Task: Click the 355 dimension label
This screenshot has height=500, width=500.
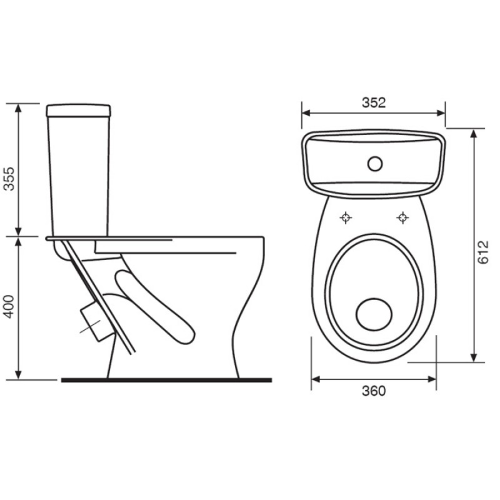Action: pyautogui.click(x=9, y=179)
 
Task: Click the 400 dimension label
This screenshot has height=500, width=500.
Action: pyautogui.click(x=9, y=306)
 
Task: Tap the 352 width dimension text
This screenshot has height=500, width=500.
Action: pyautogui.click(x=374, y=102)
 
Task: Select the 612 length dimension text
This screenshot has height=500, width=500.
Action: pyautogui.click(x=483, y=252)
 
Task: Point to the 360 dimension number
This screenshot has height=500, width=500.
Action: pyautogui.click(x=374, y=391)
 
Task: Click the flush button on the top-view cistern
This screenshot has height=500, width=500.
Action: pyautogui.click(x=374, y=164)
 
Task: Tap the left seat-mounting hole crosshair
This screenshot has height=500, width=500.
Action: pyautogui.click(x=346, y=217)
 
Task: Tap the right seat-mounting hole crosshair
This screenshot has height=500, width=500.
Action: pyautogui.click(x=402, y=217)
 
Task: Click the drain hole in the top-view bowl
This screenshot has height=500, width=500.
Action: pyautogui.click(x=374, y=314)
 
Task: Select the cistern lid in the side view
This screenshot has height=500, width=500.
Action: pyautogui.click(x=79, y=110)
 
